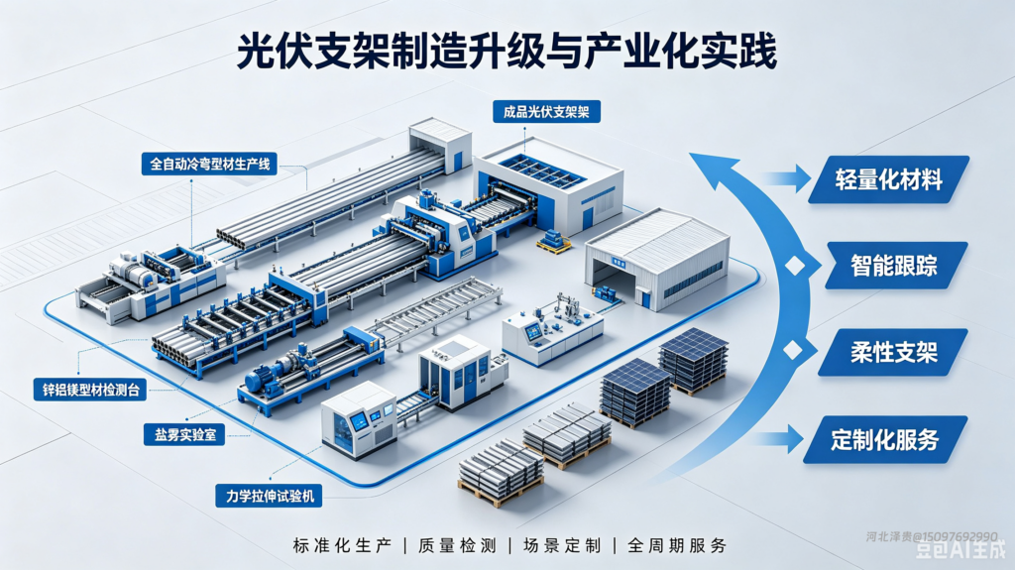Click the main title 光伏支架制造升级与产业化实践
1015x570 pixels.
[507, 52]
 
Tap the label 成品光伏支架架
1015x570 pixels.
[546, 111]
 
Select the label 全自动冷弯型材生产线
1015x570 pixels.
[210, 164]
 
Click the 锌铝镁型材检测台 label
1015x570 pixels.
[90, 390]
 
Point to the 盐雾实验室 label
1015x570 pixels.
[184, 434]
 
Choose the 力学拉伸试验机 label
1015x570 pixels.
[269, 497]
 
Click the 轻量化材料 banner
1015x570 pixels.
[888, 179]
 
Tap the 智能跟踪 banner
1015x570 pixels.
[896, 266]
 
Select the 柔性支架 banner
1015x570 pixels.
[893, 352]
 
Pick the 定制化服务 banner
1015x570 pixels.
[885, 440]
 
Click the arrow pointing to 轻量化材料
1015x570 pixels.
[786, 178]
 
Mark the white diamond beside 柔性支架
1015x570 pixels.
[792, 350]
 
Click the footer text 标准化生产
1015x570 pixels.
[342, 545]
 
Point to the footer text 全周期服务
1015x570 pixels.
[677, 545]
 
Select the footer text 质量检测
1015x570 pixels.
[458, 545]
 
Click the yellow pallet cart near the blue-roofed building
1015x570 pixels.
[553, 241]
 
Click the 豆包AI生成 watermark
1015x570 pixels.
[960, 550]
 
